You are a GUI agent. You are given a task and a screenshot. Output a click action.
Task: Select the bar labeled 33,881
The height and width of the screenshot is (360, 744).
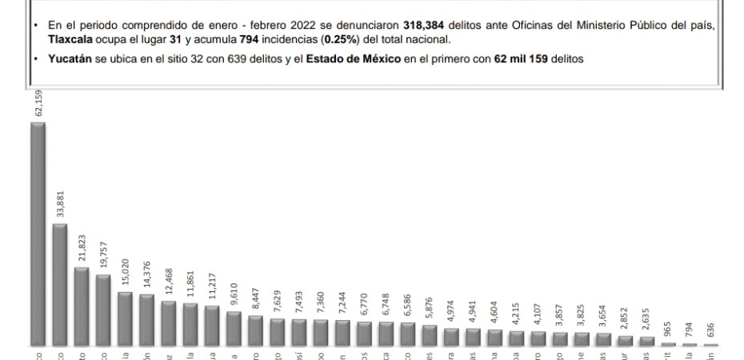(60, 285)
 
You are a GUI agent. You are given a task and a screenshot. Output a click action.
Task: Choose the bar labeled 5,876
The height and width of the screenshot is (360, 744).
(430, 335)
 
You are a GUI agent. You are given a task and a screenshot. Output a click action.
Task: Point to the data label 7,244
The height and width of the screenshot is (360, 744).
(342, 304)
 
